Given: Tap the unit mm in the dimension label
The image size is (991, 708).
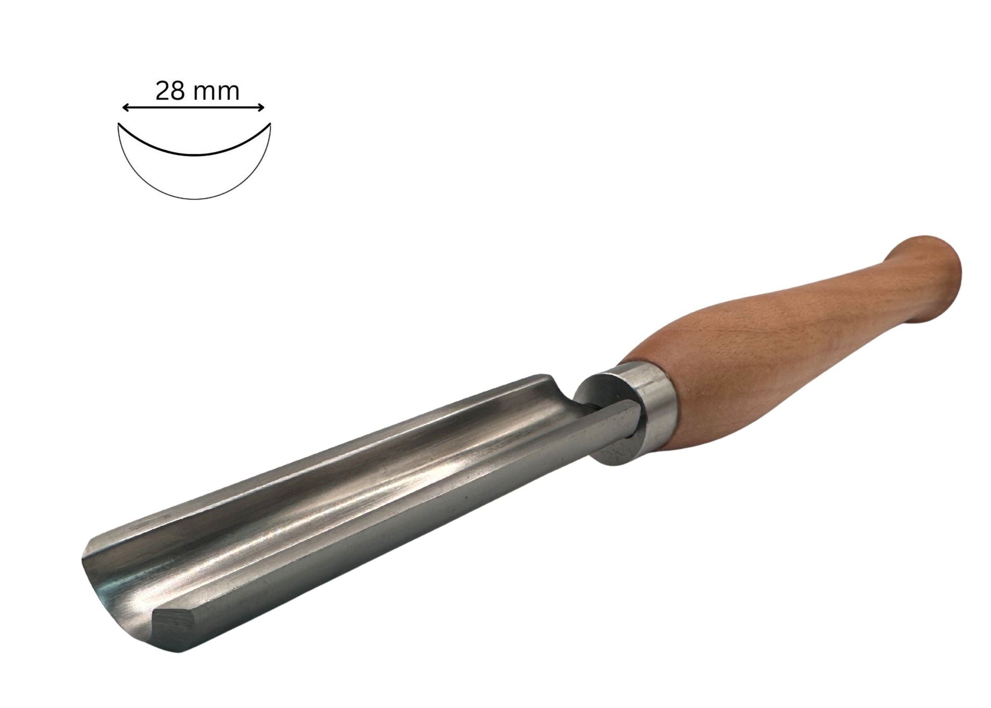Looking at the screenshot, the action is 218,93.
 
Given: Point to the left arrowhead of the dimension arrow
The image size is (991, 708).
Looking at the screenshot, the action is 126,107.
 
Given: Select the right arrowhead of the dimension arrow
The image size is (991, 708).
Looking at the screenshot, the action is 260,107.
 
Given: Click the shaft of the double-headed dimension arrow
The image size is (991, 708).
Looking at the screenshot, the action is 194,107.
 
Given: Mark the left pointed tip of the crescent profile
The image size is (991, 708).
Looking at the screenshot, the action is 119,124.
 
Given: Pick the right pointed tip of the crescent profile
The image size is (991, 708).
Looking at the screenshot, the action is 270,124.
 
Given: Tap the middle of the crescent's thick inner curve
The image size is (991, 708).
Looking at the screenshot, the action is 195,154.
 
